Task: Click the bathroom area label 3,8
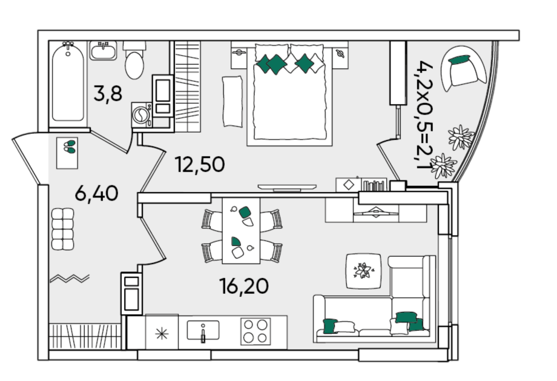pyautogui.click(x=108, y=94)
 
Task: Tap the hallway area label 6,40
pyautogui.click(x=96, y=194)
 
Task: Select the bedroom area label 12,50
pyautogui.click(x=200, y=165)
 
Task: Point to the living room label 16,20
pyautogui.click(x=243, y=286)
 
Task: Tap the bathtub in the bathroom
pyautogui.click(x=68, y=84)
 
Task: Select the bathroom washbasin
pyautogui.click(x=103, y=50)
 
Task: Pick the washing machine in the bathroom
pyautogui.click(x=142, y=115)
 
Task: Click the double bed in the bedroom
pyautogui.click(x=289, y=93)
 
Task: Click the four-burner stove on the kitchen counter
pyautogui.click(x=255, y=331)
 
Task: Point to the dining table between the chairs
pyautogui.click(x=241, y=231)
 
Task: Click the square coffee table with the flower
pyautogui.click(x=364, y=271)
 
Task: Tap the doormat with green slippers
pyautogui.click(x=67, y=153)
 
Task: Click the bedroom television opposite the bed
pyautogui.click(x=287, y=187)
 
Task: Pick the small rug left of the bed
pyautogui.click(x=232, y=101)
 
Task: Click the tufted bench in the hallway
pyautogui.click(x=62, y=229)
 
